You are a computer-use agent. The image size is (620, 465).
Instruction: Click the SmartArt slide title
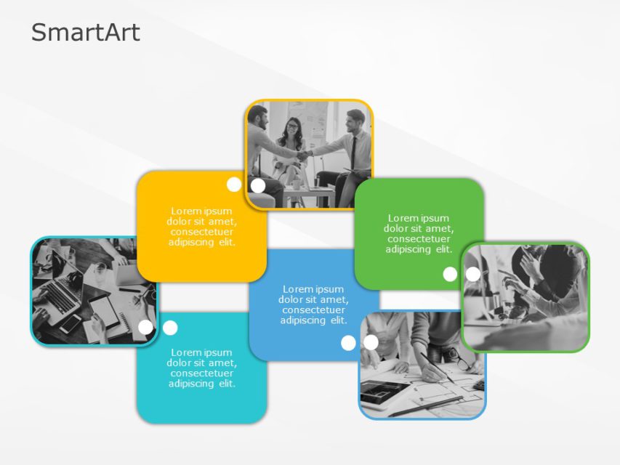[86, 33]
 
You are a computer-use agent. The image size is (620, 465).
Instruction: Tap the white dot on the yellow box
[234, 185]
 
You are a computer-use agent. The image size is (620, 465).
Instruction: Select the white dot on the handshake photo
[258, 185]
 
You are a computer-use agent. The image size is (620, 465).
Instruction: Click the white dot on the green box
[450, 274]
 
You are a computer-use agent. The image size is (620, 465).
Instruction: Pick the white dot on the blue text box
[348, 343]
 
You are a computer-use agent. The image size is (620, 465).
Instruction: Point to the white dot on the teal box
[170, 328]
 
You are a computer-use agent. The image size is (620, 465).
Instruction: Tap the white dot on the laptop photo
[145, 327]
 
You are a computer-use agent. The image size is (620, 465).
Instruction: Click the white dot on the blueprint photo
[371, 342]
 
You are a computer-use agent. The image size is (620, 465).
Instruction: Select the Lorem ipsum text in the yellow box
[202, 227]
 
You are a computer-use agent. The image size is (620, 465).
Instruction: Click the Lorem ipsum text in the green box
[419, 233]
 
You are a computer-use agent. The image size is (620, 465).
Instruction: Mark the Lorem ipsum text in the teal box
[202, 368]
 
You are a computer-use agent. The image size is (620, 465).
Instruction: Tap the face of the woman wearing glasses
[291, 126]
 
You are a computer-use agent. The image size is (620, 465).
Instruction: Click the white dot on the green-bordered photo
[473, 274]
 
